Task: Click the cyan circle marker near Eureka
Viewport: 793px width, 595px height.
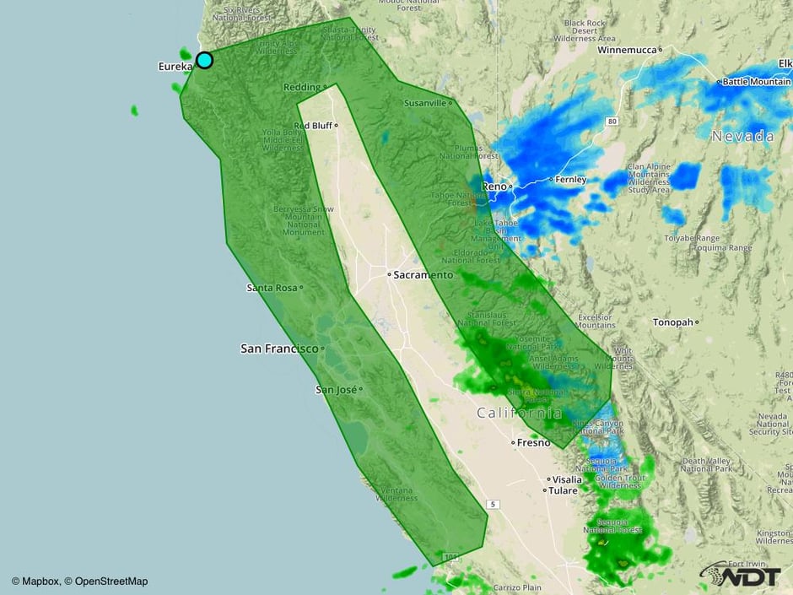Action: [204, 60]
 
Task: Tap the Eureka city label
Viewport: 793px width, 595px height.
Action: [175, 66]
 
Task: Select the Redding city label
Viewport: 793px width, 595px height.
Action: [301, 87]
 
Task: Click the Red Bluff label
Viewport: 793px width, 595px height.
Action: [312, 125]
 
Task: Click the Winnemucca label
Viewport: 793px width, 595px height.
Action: [627, 50]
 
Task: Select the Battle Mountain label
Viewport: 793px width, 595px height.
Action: [756, 82]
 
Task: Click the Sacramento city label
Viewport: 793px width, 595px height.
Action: [423, 275]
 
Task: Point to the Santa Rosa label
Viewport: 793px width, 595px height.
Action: [272, 288]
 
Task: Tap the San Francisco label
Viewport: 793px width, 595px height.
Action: [279, 348]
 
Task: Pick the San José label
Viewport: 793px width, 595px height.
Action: [336, 389]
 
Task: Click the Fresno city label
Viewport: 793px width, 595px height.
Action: [532, 442]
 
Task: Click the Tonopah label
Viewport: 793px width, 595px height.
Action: [672, 322]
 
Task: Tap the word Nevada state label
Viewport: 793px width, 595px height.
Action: [742, 136]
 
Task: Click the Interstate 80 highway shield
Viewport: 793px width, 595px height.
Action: [611, 122]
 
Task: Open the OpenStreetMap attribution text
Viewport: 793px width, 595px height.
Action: [111, 581]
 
